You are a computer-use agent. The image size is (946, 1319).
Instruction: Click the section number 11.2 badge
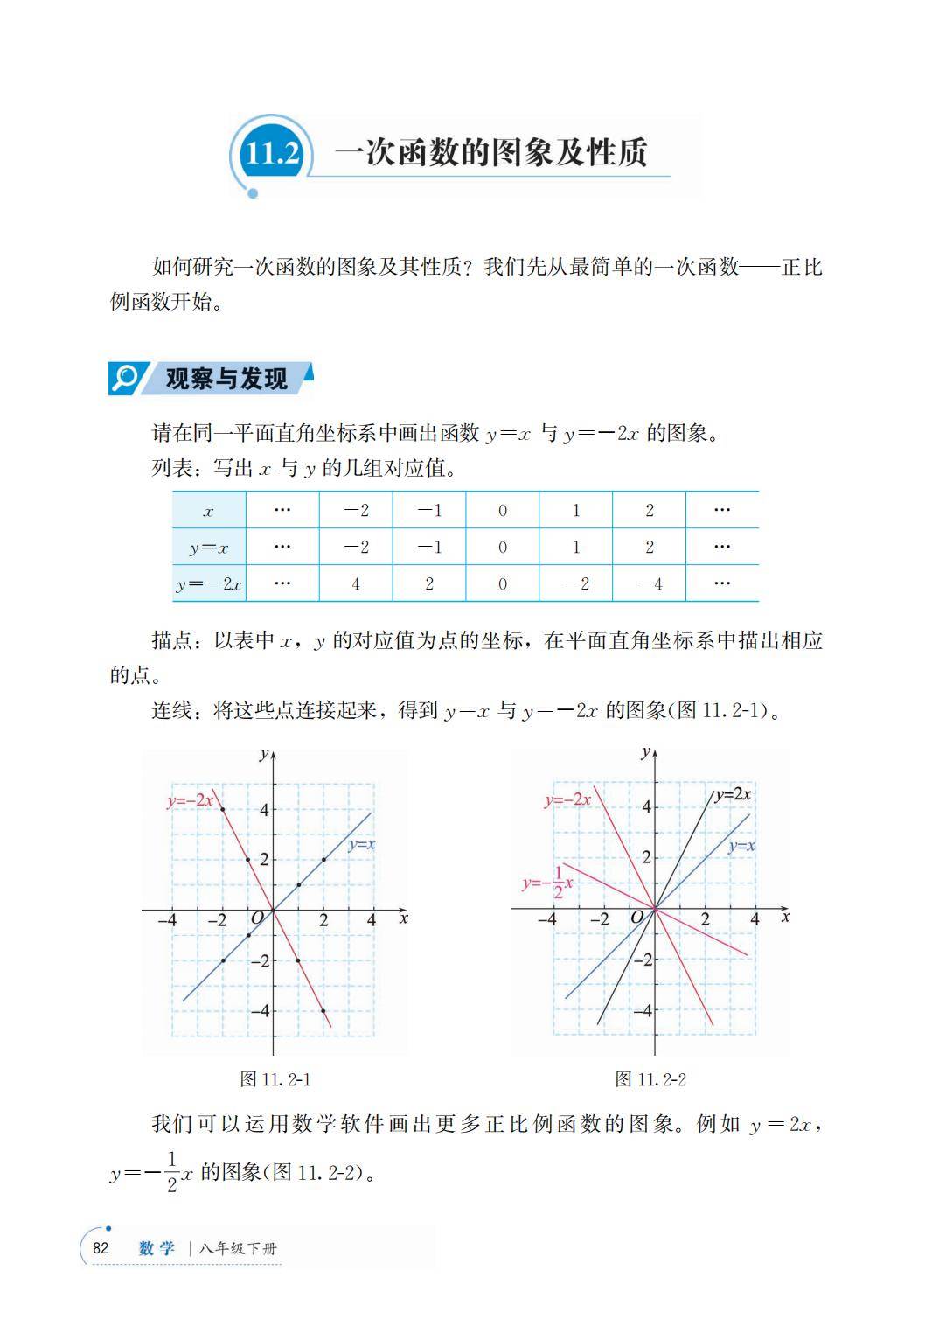pyautogui.click(x=272, y=154)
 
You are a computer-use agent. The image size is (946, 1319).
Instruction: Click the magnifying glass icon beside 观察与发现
pyautogui.click(x=125, y=378)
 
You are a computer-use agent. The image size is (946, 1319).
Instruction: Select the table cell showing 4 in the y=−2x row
pyautogui.click(x=356, y=583)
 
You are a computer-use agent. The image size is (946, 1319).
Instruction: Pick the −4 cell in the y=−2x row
pyautogui.click(x=649, y=583)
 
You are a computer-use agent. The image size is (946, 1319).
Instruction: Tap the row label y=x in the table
pyautogui.click(x=208, y=548)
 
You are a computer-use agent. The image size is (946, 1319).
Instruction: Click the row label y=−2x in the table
pyautogui.click(x=208, y=584)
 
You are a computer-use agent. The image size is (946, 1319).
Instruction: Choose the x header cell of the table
pyautogui.click(x=208, y=512)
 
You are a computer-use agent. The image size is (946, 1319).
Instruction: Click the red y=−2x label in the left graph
pyautogui.click(x=190, y=800)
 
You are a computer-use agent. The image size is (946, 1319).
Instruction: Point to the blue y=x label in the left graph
pyautogui.click(x=361, y=845)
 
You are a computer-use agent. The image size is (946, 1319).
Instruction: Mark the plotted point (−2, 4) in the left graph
pyautogui.click(x=223, y=809)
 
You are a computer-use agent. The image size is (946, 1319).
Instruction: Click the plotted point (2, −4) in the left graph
pyautogui.click(x=323, y=1011)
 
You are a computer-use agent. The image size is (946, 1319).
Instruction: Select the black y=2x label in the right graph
pyautogui.click(x=733, y=794)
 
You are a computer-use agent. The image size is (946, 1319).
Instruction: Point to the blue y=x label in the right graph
pyautogui.click(x=741, y=846)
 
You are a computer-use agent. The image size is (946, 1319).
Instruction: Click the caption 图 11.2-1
pyautogui.click(x=275, y=1079)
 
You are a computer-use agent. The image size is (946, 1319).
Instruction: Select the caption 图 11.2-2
pyautogui.click(x=650, y=1079)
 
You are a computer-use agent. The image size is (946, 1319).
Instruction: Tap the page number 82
pyautogui.click(x=101, y=1248)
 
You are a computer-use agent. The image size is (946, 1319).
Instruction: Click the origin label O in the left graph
pyautogui.click(x=257, y=918)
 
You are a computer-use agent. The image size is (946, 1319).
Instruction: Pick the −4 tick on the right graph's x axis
pyautogui.click(x=546, y=919)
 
